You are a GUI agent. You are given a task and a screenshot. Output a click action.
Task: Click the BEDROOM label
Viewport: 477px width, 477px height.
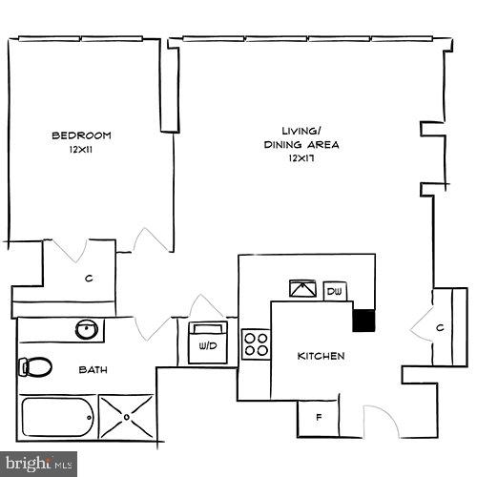tap(82, 135)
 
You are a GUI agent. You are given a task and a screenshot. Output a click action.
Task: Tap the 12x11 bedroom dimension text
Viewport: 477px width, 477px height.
tap(82, 151)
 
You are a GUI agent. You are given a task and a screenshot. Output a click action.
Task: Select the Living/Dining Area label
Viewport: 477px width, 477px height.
tap(301, 137)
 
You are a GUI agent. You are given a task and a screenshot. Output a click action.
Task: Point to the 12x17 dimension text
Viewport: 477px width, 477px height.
tap(301, 159)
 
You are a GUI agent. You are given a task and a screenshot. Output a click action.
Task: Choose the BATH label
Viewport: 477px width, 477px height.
tap(92, 368)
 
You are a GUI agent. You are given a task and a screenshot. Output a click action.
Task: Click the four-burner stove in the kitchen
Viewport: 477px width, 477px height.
tap(256, 342)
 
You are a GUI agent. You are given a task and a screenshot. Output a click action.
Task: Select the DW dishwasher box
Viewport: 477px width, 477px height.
tap(335, 290)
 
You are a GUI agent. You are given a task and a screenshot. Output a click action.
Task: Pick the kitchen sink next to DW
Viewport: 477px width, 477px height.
tap(304, 289)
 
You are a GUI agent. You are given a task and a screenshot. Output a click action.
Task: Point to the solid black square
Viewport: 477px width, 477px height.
tap(363, 320)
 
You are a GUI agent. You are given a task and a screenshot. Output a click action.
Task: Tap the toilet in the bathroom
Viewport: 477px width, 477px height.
tap(36, 366)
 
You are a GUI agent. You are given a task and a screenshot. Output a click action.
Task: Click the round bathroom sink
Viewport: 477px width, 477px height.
tap(88, 329)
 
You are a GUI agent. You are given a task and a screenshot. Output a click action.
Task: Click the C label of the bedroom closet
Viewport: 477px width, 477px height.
tap(88, 279)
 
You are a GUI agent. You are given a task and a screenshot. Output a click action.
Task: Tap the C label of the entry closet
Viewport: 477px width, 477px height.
tap(441, 327)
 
